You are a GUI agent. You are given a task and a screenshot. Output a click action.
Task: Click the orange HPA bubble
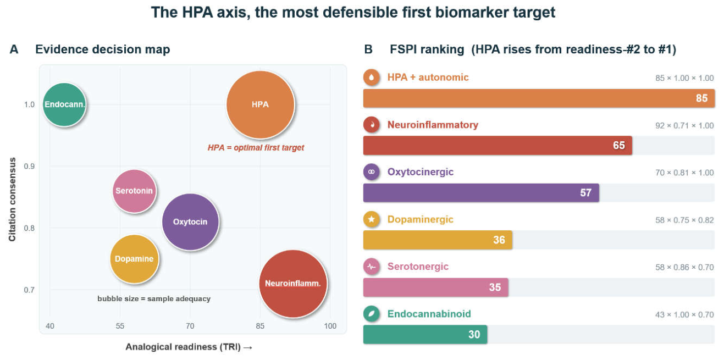(261, 105)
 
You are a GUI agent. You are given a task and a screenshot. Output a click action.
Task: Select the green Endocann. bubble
(65, 104)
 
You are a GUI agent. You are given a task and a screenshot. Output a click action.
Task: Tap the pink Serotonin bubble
(134, 191)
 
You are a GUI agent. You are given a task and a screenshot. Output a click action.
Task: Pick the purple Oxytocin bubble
(190, 222)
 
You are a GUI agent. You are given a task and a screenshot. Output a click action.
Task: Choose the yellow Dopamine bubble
(134, 259)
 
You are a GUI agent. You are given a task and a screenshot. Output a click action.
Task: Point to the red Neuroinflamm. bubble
(293, 284)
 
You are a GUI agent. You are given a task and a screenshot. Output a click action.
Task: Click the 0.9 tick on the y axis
(30, 166)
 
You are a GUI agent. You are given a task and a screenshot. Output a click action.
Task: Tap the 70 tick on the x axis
(190, 326)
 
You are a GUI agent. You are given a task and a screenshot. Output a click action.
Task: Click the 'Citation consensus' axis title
(12, 200)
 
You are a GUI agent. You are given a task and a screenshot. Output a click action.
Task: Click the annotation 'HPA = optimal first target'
(256, 148)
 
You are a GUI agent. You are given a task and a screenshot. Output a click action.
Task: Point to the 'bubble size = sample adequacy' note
(154, 298)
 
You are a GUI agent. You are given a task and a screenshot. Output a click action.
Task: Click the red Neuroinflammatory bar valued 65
(498, 146)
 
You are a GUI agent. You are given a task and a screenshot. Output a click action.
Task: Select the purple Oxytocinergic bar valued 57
(481, 192)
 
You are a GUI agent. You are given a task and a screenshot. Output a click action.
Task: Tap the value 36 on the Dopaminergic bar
(499, 240)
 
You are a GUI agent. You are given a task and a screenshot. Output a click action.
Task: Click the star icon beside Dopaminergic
(372, 219)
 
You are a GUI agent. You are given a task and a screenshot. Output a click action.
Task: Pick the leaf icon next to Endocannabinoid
(372, 314)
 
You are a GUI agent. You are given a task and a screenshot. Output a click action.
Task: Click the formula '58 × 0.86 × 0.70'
(684, 267)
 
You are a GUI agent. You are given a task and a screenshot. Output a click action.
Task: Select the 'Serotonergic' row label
(418, 266)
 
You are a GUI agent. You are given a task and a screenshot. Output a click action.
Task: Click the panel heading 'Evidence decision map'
(102, 49)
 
